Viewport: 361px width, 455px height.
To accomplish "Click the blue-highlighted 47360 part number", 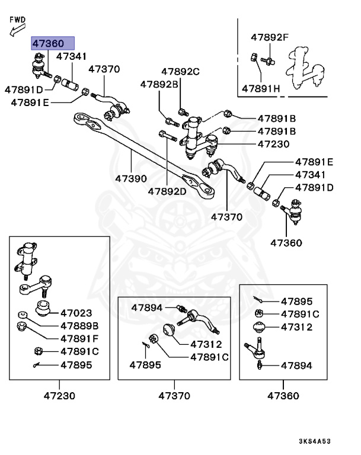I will click(x=53, y=43).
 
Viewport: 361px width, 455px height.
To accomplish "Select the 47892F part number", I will click(x=269, y=37).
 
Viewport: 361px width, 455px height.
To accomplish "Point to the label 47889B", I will click(x=79, y=326).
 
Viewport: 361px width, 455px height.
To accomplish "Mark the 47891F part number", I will click(x=79, y=338).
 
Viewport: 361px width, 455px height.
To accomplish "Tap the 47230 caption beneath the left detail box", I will click(x=59, y=395).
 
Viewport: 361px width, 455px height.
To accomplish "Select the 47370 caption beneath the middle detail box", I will click(x=175, y=395).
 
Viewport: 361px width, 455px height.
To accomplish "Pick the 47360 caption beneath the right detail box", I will click(x=283, y=395).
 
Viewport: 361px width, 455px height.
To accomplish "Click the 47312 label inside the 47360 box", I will click(x=296, y=327).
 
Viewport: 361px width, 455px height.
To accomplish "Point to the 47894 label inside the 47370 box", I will click(x=147, y=307).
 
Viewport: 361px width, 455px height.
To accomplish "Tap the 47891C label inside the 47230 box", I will click(x=79, y=351).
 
